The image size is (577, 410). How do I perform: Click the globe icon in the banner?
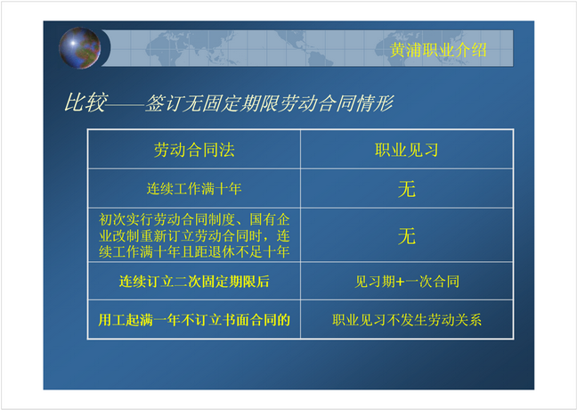[79, 48]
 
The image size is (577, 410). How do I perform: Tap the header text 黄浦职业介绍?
[438, 50]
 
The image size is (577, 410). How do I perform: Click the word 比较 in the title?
[86, 102]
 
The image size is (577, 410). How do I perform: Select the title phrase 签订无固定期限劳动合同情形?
[270, 103]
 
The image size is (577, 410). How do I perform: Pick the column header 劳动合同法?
[194, 150]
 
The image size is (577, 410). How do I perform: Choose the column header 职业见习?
[407, 150]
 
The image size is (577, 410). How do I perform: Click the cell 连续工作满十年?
[194, 189]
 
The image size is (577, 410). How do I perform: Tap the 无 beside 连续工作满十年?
[407, 189]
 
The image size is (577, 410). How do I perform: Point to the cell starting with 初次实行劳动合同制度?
[194, 236]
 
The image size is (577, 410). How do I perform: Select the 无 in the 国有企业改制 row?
[407, 236]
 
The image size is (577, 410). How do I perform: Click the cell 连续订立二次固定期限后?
[194, 282]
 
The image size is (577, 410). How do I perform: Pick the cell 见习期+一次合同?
[407, 282]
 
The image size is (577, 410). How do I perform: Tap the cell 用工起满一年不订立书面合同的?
[194, 320]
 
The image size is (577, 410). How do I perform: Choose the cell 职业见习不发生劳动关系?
[407, 320]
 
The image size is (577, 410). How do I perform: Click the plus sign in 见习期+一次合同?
[400, 282]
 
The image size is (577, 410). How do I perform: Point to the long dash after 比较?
[126, 104]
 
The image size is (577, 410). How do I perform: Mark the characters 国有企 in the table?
[270, 219]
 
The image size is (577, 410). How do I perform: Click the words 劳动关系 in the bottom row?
[455, 320]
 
